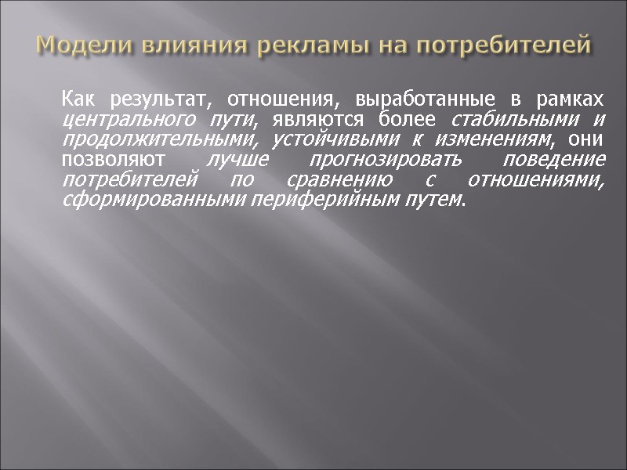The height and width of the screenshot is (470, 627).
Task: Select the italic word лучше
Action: click(234, 160)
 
